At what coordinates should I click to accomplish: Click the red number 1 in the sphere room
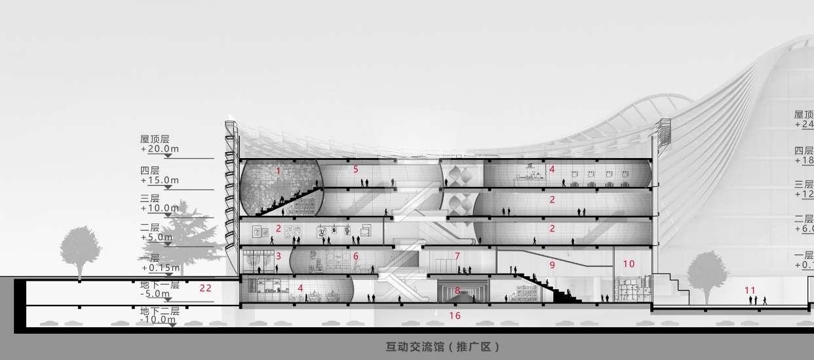278,170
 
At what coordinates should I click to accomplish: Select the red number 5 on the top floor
356,169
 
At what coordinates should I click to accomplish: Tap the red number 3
278,256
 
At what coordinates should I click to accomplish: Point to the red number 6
356,256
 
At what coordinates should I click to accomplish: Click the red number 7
457,256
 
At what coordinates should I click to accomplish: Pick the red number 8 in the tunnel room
457,289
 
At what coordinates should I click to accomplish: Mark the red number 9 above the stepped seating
552,265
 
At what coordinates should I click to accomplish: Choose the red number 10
629,264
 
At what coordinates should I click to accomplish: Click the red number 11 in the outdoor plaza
750,289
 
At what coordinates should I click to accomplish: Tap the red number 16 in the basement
455,315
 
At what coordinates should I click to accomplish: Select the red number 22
205,287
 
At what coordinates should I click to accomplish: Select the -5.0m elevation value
156,294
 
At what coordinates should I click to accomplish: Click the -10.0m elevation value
157,319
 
